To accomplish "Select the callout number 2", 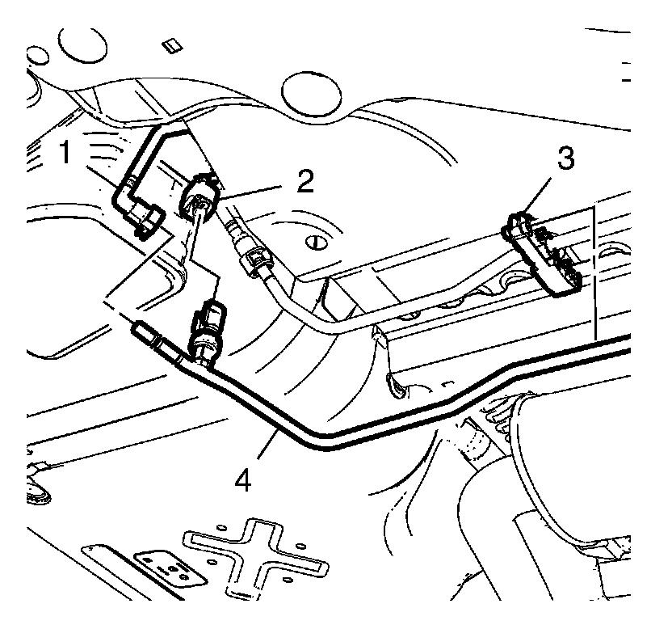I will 304,181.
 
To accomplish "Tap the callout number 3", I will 565,159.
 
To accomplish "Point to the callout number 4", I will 243,479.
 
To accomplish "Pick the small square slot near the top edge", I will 169,45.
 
